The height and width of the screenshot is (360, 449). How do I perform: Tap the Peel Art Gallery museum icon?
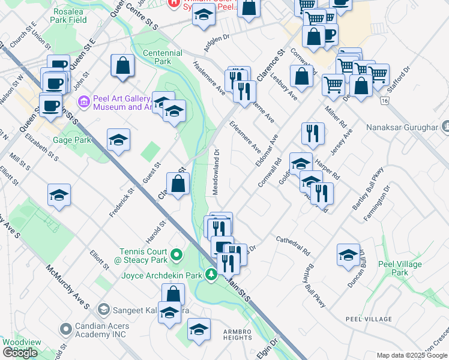click(84, 102)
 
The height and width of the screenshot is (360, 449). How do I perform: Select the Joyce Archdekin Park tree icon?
click(211, 274)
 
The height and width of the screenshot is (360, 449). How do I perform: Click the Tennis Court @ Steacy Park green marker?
click(176, 256)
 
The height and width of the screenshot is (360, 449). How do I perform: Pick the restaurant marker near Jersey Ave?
click(313, 133)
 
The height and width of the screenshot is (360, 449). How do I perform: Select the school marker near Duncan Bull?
click(348, 254)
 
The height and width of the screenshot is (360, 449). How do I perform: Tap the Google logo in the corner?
click(20, 353)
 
